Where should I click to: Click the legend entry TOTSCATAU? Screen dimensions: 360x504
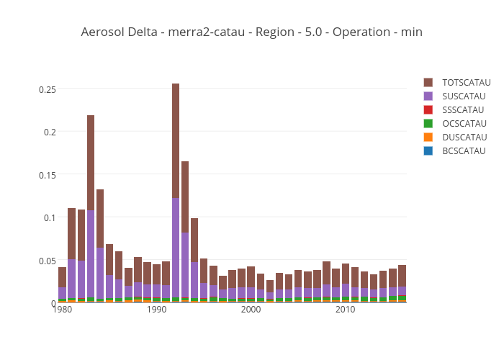466,83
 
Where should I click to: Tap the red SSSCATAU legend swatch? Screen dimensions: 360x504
428,110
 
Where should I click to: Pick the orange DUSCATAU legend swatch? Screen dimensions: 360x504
428,138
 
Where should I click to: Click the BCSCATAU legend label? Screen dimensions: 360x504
464,151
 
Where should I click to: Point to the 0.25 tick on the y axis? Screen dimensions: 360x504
47,89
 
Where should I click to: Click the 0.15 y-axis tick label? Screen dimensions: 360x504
47,175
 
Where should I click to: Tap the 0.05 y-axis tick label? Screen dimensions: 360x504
47,261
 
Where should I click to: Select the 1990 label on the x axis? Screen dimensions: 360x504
157,310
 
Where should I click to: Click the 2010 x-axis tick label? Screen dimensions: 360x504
345,310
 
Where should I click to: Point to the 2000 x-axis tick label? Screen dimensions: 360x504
251,310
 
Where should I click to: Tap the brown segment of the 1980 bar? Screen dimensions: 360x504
63,277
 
